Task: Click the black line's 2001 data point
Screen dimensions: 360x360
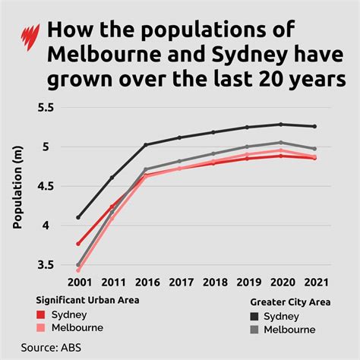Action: tap(78, 217)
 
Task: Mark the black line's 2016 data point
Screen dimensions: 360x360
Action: tap(145, 144)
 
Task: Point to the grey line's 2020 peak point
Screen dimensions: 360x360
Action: tap(281, 142)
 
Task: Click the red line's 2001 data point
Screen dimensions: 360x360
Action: tap(78, 244)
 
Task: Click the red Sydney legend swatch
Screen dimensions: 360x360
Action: tap(42, 314)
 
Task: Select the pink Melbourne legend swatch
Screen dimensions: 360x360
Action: tap(42, 328)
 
